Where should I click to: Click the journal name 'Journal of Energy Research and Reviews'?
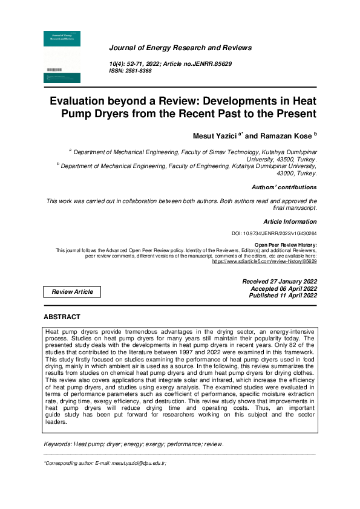[180, 48]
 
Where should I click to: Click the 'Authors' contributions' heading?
[284, 187]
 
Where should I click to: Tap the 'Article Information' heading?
[290, 222]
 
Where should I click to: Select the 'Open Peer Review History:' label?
[286, 244]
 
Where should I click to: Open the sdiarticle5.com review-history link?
[264, 262]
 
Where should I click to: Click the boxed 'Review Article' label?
[73, 292]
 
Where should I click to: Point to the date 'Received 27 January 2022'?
[279, 282]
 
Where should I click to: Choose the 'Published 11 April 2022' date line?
[283, 296]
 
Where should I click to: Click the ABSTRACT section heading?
[62, 317]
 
